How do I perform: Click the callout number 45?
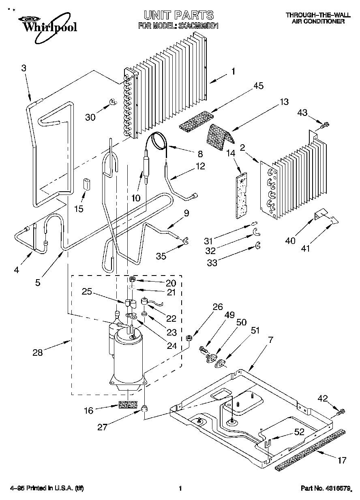(258, 85)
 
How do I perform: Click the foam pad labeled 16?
(128, 405)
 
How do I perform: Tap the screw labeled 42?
(340, 412)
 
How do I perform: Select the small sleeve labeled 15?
(86, 184)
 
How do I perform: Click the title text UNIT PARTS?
(179, 15)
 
